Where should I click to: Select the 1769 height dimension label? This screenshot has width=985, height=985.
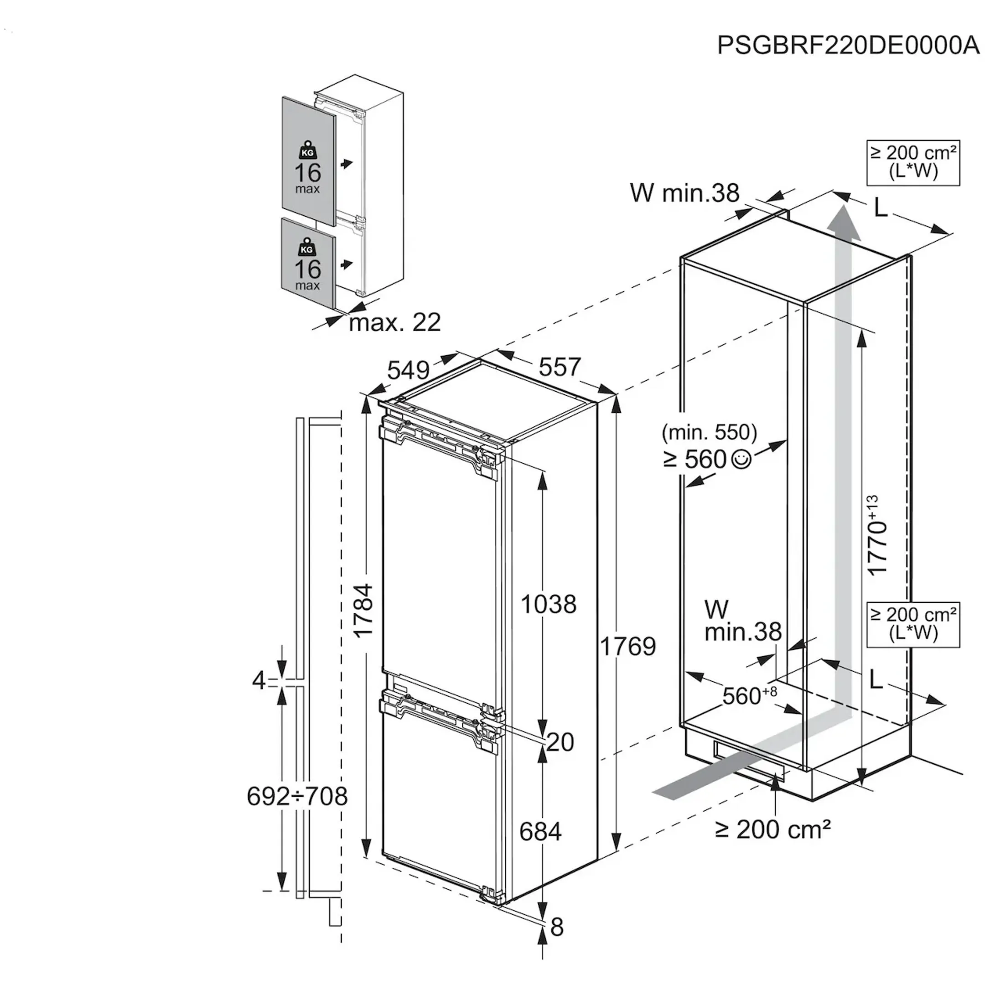click(x=627, y=647)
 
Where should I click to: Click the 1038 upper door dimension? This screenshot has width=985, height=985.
click(x=548, y=605)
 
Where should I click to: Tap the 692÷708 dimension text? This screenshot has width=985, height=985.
click(x=297, y=796)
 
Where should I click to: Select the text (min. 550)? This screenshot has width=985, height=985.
click(x=709, y=433)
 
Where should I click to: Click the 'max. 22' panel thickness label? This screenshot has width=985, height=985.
click(x=394, y=323)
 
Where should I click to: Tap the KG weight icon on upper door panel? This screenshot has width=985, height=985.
click(x=307, y=151)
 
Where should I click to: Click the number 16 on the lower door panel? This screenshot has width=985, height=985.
click(x=307, y=269)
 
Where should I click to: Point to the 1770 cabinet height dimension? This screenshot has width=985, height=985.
click(x=878, y=535)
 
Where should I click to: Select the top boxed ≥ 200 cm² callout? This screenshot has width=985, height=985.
click(x=913, y=163)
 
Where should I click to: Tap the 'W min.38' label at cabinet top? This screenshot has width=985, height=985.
click(x=684, y=193)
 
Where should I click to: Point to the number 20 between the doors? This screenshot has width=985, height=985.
click(x=560, y=742)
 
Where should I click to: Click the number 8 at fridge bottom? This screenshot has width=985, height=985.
click(x=557, y=928)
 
